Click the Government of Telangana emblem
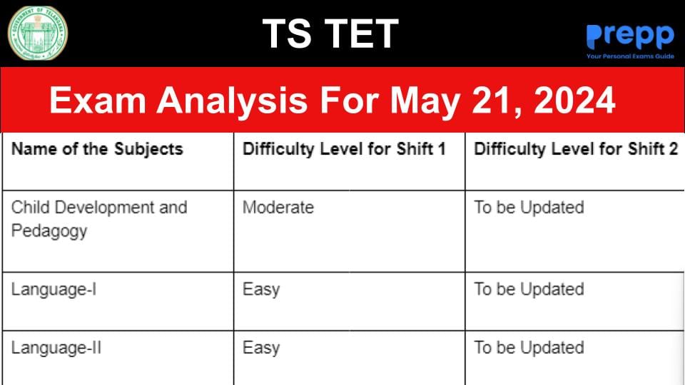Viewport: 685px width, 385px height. [38, 33]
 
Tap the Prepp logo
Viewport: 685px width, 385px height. [629, 36]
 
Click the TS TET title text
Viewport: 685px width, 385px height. [330, 34]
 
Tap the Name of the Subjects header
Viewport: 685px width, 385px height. [97, 149]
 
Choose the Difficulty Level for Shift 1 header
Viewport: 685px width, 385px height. [344, 149]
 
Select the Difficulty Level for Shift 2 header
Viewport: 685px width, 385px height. [576, 149]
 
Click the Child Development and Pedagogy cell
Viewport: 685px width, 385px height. [98, 219]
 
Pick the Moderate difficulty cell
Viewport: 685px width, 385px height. [278, 207]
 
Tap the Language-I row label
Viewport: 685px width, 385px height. [54, 289]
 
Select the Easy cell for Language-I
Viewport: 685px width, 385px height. [260, 289]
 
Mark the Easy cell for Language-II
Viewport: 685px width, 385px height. [260, 348]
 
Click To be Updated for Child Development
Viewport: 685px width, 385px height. [529, 207]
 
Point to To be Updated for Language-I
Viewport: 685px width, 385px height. [529, 289]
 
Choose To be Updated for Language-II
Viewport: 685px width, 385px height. [529, 348]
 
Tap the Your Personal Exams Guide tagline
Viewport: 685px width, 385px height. [630, 55]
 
